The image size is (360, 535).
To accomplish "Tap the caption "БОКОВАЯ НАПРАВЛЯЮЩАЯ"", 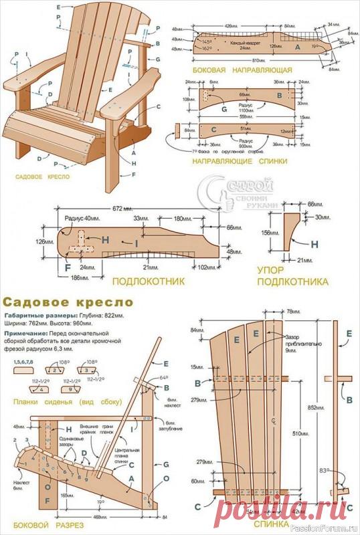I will [x=242, y=69].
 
